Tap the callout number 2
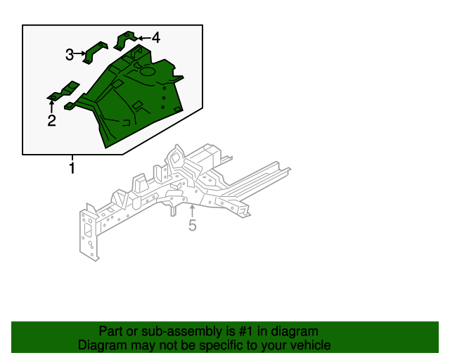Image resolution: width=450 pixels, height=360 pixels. [51, 121]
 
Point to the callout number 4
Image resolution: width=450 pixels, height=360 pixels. [155, 37]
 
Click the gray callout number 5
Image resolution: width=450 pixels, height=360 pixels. [192, 225]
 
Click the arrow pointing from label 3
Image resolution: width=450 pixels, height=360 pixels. [81, 53]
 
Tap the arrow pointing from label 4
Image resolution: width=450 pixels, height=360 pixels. [143, 37]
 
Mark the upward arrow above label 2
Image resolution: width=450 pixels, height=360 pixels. [51, 106]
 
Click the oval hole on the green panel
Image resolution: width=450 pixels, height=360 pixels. [147, 70]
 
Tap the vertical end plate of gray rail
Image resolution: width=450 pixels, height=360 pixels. [89, 233]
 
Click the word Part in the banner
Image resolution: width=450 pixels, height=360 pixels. [111, 331]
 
